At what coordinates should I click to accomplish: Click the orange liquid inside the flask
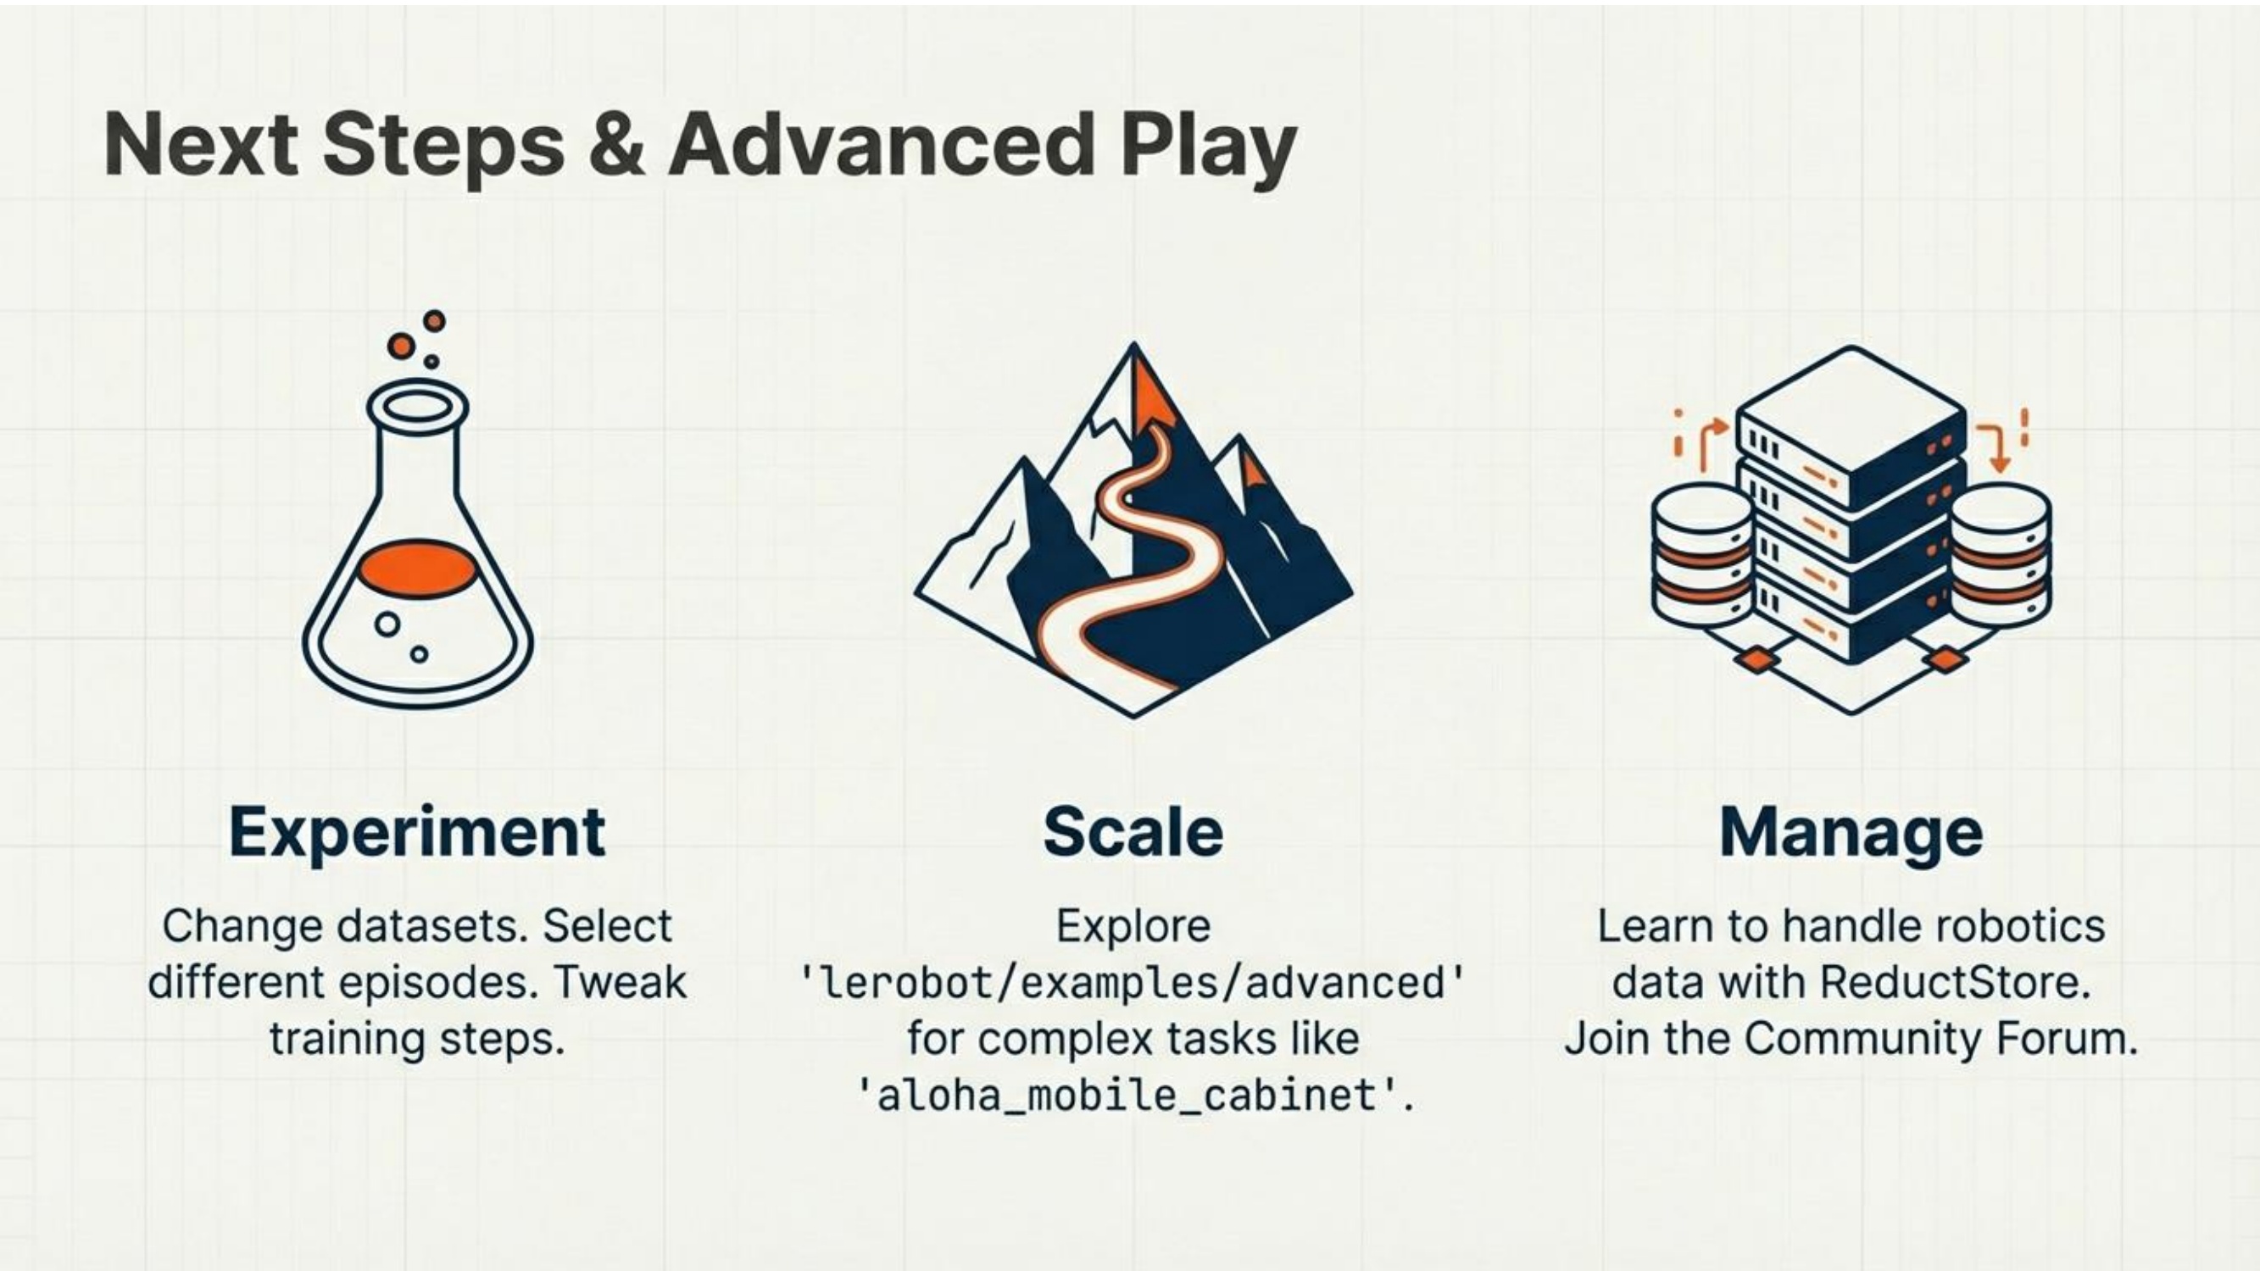[419, 569]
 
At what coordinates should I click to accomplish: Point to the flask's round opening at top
[418, 408]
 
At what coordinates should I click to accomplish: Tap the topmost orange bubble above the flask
[434, 321]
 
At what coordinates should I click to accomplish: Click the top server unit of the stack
[1851, 425]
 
